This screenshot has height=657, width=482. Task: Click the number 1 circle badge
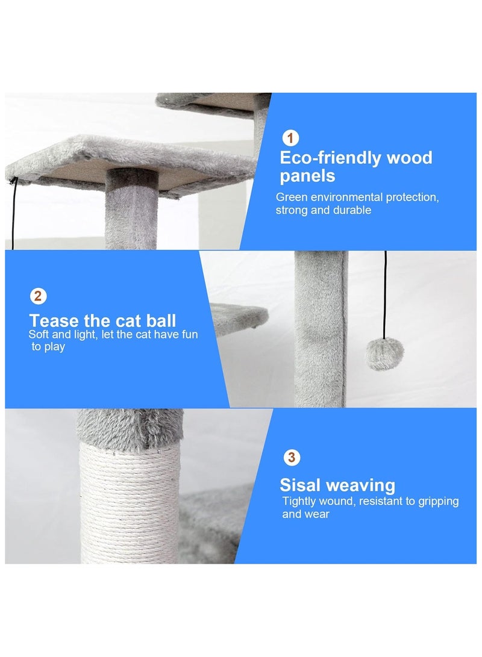click(290, 139)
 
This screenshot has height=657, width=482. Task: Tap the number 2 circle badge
click(38, 296)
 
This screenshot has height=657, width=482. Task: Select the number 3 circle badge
click(292, 458)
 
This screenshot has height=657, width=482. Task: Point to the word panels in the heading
click(307, 176)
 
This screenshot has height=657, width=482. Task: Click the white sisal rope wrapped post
click(130, 506)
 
